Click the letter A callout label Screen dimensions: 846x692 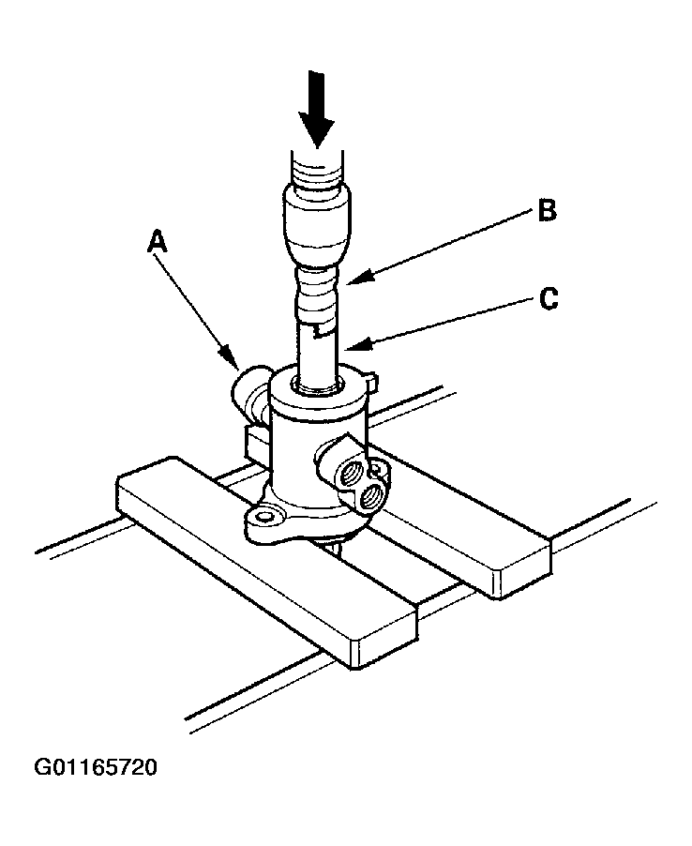tap(158, 243)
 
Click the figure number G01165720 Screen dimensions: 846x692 tap(96, 769)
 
